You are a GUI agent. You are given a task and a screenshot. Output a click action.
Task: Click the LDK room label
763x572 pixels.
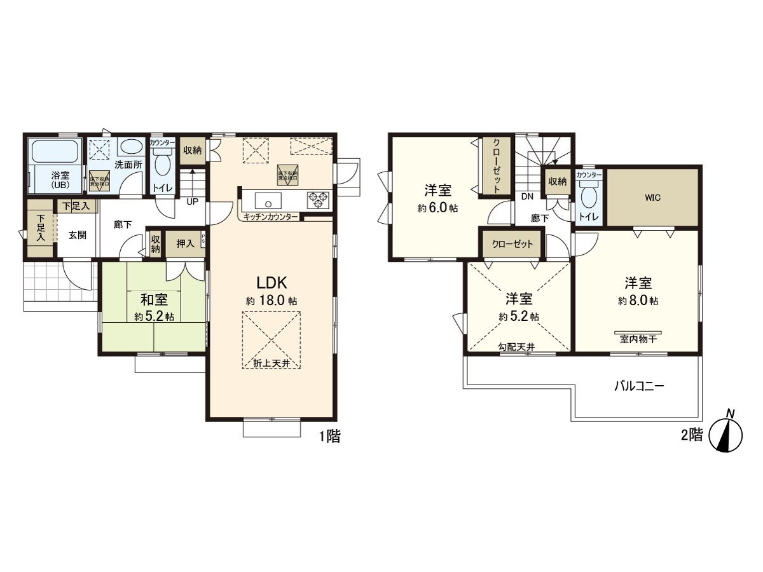pyautogui.click(x=272, y=282)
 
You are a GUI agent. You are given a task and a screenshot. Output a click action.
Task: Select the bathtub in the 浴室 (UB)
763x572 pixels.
pyautogui.click(x=55, y=153)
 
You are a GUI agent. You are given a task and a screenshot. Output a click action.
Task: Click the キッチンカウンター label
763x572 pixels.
pyautogui.click(x=270, y=217)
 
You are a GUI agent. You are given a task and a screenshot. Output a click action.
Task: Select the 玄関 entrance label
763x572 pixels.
pyautogui.click(x=78, y=235)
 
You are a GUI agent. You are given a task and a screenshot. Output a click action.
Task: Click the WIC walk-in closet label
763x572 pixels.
pyautogui.click(x=652, y=198)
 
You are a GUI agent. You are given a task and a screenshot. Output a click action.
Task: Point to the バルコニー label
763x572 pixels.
pyautogui.click(x=639, y=386)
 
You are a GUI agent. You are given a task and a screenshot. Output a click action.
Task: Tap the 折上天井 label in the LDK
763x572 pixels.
pyautogui.click(x=272, y=363)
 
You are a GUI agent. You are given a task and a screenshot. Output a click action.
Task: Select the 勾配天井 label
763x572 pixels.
pyautogui.click(x=516, y=346)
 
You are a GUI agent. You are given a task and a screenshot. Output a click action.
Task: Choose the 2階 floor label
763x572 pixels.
pyautogui.click(x=691, y=435)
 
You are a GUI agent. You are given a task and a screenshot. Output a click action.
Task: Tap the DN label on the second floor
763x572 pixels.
pyautogui.click(x=527, y=197)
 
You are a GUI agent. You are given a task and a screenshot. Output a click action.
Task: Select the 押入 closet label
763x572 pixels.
pyautogui.click(x=185, y=243)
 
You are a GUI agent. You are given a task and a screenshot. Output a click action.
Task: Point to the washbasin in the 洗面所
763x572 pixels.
pyautogui.click(x=131, y=147)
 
